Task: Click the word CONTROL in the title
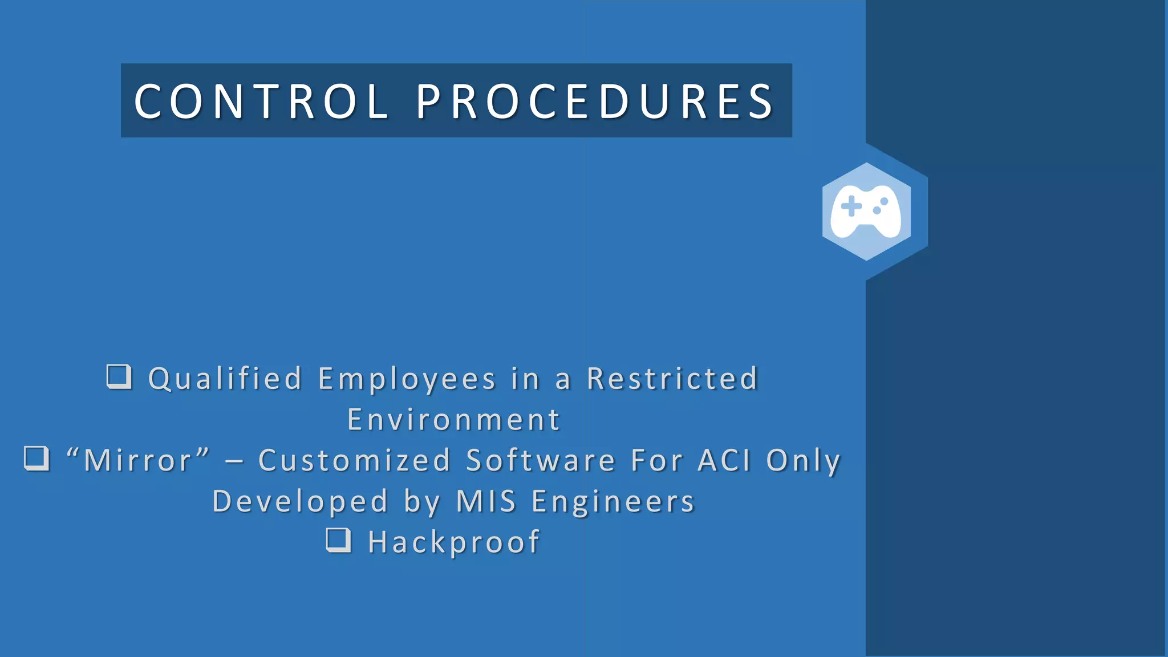click(x=261, y=102)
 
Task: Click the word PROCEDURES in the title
click(x=595, y=102)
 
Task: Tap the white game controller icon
click(x=866, y=211)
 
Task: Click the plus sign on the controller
click(x=851, y=206)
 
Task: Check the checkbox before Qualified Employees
click(x=119, y=376)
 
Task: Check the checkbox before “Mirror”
click(x=37, y=458)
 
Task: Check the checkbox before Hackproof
click(x=339, y=540)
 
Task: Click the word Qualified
click(x=225, y=379)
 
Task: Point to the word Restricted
click(x=672, y=379)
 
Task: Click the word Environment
click(x=454, y=420)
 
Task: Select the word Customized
click(x=354, y=460)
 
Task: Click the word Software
click(x=541, y=460)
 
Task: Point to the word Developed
click(x=300, y=501)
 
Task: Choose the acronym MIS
click(x=486, y=501)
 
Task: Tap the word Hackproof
click(x=454, y=542)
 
